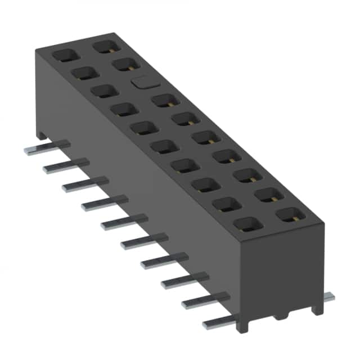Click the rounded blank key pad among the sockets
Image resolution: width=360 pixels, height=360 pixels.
(x=141, y=83)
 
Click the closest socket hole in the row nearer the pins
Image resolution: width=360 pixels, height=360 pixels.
(x=247, y=224)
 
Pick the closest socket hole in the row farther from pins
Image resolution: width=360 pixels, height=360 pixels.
(x=290, y=214)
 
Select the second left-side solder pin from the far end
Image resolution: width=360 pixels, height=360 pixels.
(x=59, y=167)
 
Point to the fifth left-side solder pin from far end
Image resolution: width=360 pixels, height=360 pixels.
(x=118, y=224)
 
